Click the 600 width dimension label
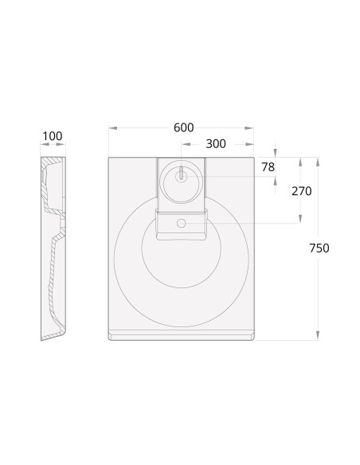pyautogui.click(x=183, y=127)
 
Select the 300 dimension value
pyautogui.click(x=216, y=144)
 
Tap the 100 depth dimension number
pyautogui.click(x=53, y=136)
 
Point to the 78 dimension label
pyautogui.click(x=268, y=167)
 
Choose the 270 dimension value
pyautogui.click(x=302, y=191)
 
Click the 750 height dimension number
pyautogui.click(x=319, y=248)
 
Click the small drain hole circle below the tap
pyautogui.click(x=181, y=223)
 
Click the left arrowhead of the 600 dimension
pyautogui.click(x=113, y=128)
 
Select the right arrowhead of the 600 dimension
pyautogui.click(x=249, y=128)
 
